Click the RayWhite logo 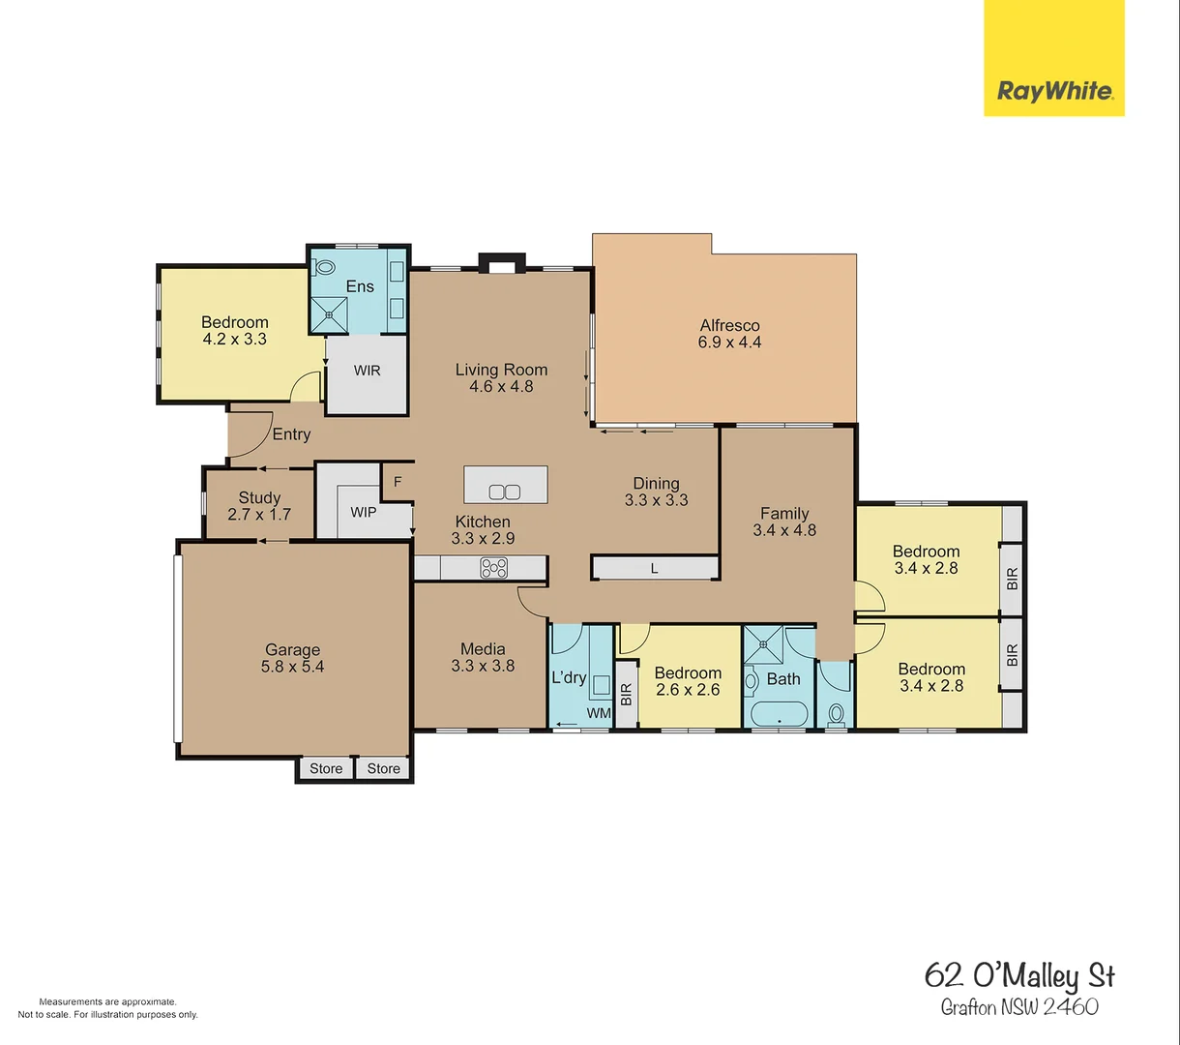(1054, 92)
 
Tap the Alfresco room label (729, 326)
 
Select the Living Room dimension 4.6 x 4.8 (501, 386)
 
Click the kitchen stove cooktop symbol (494, 568)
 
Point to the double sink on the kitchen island (505, 492)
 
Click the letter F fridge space (397, 482)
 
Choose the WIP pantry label (364, 512)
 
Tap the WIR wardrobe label (367, 371)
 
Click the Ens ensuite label (360, 286)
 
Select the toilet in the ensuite (325, 267)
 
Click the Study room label (259, 498)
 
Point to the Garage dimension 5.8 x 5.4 (292, 667)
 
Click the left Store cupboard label (326, 768)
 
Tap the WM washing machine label (600, 713)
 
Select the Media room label (483, 649)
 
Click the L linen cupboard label (654, 569)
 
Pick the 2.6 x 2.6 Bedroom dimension (688, 690)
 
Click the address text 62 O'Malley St (1019, 975)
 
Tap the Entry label (291, 434)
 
